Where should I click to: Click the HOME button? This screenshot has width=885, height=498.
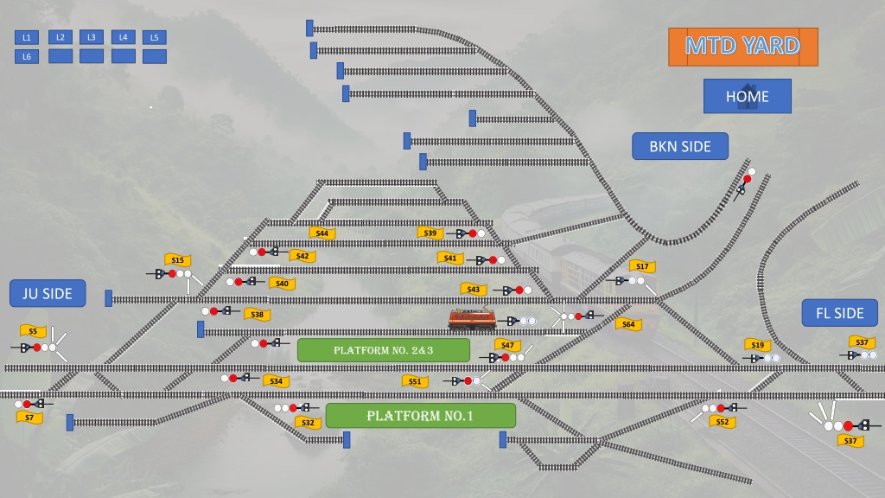(748, 96)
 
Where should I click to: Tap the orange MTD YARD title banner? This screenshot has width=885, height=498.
(742, 47)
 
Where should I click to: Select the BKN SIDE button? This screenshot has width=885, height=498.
(680, 146)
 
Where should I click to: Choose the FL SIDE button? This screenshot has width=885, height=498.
(840, 313)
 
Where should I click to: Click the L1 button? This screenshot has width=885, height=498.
(27, 37)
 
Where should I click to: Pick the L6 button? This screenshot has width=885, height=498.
(27, 56)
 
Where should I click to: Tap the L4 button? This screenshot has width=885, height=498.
(123, 37)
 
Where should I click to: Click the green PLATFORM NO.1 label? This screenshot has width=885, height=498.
(421, 416)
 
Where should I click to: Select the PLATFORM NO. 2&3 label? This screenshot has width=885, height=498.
(383, 350)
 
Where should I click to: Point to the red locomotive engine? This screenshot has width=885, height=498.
(473, 319)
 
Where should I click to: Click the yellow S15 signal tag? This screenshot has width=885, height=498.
(178, 259)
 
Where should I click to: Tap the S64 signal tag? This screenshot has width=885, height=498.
(628, 324)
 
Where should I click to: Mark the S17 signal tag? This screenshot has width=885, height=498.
(642, 266)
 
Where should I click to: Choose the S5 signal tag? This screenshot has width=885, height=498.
(33, 331)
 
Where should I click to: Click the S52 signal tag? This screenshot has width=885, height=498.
(723, 422)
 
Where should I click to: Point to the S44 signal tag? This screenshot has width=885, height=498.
(322, 233)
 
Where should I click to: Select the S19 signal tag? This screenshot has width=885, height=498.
(757, 344)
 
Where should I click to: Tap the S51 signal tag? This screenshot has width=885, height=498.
(415, 381)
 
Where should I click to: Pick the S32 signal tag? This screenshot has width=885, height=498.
(309, 422)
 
